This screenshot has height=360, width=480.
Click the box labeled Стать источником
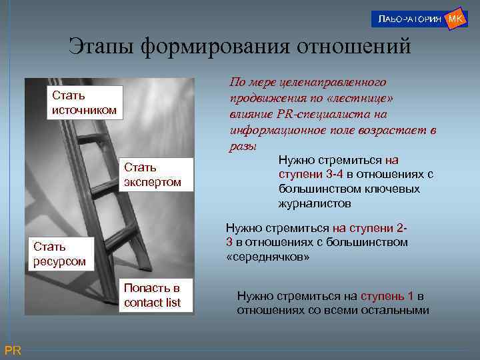85,103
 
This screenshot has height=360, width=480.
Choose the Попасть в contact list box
152,295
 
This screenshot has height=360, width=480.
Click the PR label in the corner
13,351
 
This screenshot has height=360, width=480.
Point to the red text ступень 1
387,296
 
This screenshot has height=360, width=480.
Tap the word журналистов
314,204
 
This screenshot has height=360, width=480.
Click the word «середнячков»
269,257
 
